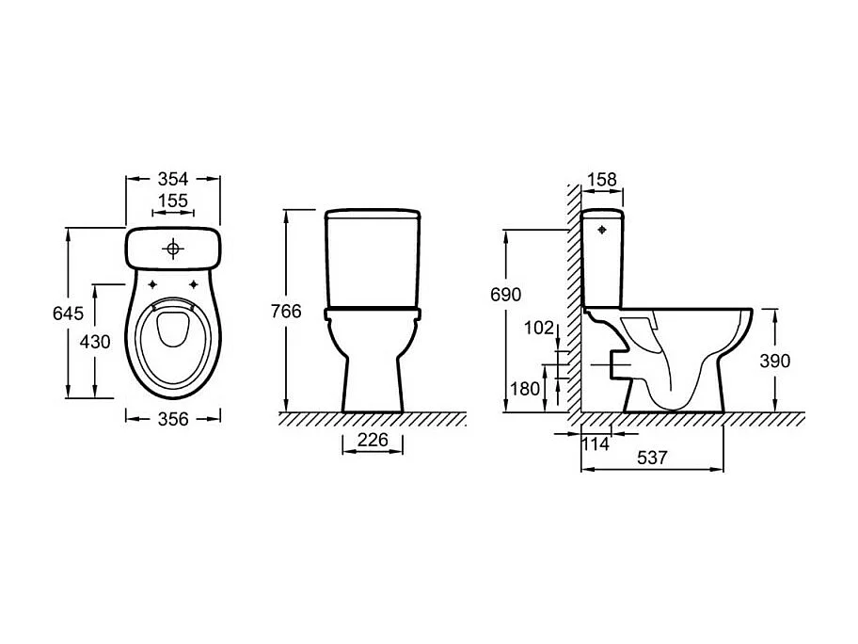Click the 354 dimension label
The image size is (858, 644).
click(173, 178)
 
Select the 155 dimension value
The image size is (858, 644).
click(173, 200)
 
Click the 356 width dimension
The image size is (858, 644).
click(173, 420)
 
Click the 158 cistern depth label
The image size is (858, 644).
click(602, 178)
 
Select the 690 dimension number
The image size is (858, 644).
click(504, 295)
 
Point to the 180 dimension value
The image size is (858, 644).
click(525, 388)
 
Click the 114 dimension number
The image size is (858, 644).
click(596, 443)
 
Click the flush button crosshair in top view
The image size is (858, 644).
click(173, 249)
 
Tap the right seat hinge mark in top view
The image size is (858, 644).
click(195, 284)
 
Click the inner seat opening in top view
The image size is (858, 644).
click(173, 330)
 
